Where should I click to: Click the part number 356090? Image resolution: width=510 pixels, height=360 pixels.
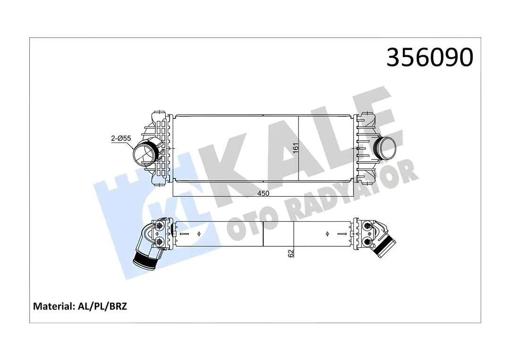tap(429, 58)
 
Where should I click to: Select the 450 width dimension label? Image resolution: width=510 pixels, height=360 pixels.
tap(263, 193)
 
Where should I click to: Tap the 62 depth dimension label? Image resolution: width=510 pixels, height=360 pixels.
tap(291, 253)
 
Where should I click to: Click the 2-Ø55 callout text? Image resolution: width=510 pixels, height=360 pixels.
tap(120, 138)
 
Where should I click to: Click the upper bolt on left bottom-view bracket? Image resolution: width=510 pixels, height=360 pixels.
tap(159, 226)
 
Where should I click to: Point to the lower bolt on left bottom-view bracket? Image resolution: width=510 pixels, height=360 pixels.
tap(159, 242)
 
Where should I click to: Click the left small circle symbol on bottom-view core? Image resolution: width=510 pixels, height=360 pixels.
tap(199, 234)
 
